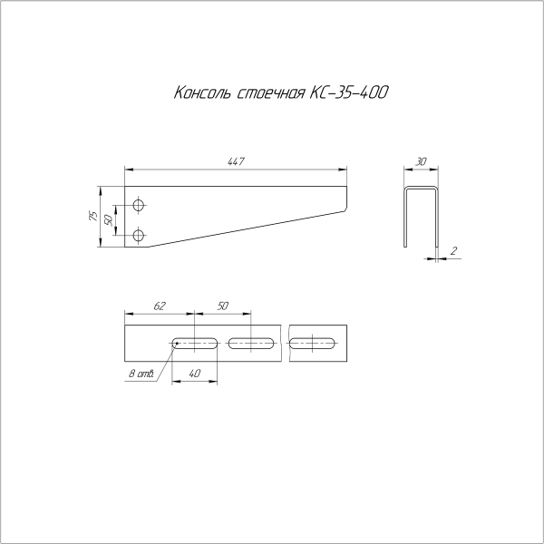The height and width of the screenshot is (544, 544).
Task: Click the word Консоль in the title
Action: [202, 94]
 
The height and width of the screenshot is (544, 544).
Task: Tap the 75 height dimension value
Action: [94, 217]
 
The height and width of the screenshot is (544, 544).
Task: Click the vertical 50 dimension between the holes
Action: [110, 219]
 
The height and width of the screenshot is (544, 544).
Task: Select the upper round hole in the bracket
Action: [138, 203]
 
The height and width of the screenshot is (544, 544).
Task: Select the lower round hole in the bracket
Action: [138, 236]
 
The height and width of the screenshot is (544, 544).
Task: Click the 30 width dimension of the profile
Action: [422, 161]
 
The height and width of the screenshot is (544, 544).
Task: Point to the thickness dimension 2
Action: [452, 249]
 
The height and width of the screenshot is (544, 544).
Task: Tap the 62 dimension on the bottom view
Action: [160, 307]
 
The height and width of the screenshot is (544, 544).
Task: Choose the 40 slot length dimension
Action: [194, 373]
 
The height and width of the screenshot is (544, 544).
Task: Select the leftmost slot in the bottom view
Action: [194, 343]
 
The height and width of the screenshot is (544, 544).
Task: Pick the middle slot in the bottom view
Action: [253, 343]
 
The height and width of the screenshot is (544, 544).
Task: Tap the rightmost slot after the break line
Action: [313, 343]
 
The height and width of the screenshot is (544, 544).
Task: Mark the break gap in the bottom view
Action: [285, 343]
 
